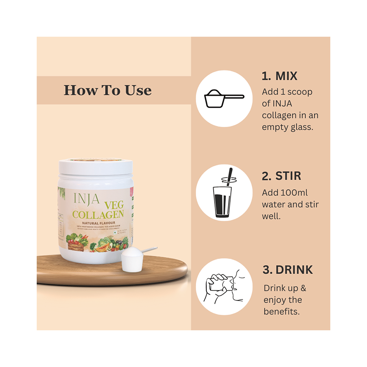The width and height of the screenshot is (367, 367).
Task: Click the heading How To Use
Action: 108,90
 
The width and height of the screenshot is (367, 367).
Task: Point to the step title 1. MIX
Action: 279,76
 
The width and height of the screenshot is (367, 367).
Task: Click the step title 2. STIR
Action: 281,176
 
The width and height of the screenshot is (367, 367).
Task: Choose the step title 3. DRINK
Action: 287,270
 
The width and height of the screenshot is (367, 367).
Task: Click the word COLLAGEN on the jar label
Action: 98,214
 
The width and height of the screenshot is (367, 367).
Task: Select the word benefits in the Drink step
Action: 281,311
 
